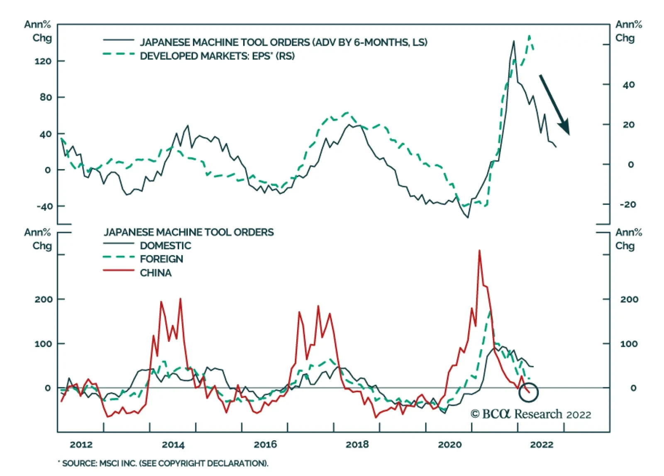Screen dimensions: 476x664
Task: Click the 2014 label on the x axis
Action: (x=173, y=444)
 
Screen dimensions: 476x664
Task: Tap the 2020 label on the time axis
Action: (x=449, y=444)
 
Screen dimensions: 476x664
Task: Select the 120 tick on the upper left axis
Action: (x=43, y=61)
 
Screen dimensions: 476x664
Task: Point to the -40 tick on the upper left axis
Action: (x=44, y=206)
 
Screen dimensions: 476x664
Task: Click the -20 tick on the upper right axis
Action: (x=627, y=204)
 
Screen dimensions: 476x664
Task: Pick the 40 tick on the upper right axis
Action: (x=629, y=85)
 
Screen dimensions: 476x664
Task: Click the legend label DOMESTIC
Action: (x=165, y=245)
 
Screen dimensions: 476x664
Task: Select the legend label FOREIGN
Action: (x=161, y=259)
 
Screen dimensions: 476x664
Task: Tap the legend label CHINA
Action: (x=156, y=273)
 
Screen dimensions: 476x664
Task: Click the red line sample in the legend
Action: (x=119, y=270)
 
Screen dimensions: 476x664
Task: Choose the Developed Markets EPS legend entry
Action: (x=217, y=56)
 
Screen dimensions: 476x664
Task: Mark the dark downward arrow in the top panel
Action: (x=554, y=105)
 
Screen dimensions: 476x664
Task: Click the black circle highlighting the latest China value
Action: (x=529, y=392)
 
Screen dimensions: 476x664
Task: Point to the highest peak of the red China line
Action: (x=479, y=251)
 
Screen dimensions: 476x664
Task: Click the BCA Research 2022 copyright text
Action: (x=530, y=414)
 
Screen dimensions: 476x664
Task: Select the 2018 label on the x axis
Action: (x=357, y=444)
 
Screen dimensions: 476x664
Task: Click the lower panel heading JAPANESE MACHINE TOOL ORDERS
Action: (x=188, y=232)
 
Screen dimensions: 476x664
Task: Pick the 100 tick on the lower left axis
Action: (x=44, y=344)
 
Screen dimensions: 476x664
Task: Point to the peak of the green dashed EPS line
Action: (x=529, y=36)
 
